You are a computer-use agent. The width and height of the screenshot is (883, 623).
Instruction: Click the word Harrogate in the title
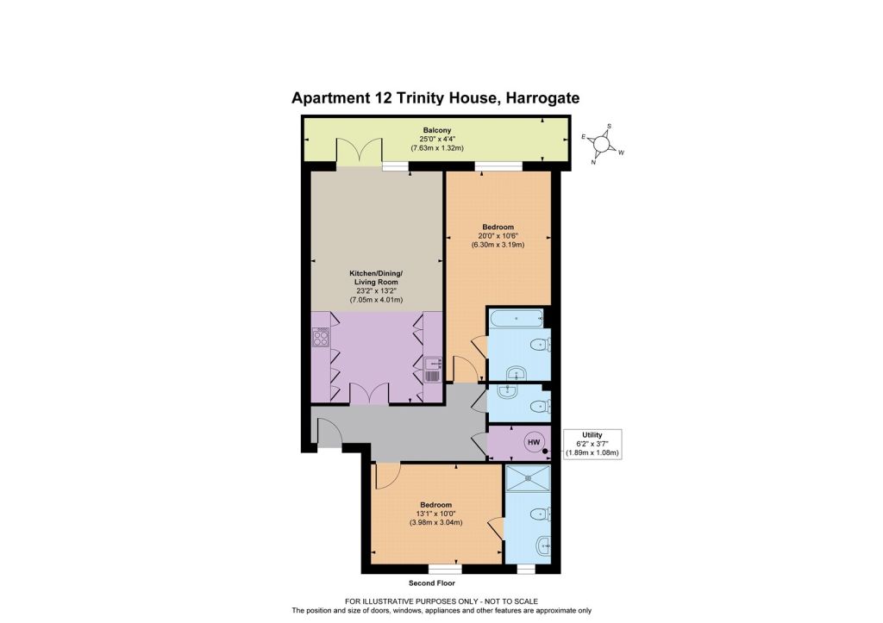click(543, 98)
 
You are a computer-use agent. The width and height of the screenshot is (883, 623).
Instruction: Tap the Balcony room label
click(437, 130)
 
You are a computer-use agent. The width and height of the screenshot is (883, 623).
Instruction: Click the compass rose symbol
click(601, 144)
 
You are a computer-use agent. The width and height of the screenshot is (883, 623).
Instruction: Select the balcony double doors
click(360, 152)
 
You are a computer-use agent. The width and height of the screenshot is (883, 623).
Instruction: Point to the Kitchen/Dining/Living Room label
click(376, 277)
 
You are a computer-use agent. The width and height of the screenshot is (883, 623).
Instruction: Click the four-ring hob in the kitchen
click(321, 339)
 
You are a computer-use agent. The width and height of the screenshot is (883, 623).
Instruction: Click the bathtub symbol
click(516, 319)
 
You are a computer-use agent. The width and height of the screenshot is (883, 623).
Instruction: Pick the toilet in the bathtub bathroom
click(542, 343)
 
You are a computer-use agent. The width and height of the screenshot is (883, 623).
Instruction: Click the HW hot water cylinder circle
click(533, 442)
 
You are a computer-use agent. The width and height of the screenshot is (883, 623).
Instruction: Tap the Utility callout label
click(592, 435)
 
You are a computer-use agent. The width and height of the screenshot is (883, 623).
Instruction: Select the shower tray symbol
click(529, 478)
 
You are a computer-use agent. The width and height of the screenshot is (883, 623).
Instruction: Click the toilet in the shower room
click(542, 514)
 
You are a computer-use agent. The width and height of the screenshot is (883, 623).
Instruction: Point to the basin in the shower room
click(544, 545)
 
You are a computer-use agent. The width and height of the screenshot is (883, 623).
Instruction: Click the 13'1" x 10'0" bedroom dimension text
click(435, 514)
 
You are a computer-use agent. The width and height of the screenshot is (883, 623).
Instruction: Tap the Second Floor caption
click(432, 583)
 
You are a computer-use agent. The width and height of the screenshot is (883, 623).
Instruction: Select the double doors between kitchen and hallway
click(369, 393)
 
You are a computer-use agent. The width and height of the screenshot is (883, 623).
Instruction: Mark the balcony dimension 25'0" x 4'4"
click(437, 139)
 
